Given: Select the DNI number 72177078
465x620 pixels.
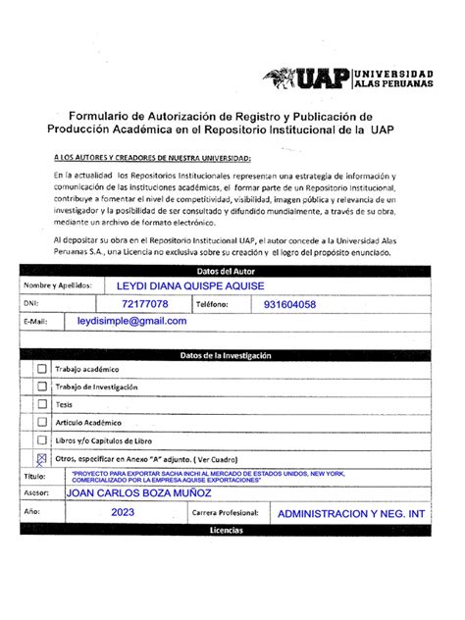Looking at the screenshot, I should (145, 304).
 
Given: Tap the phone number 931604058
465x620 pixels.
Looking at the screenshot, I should (289, 304).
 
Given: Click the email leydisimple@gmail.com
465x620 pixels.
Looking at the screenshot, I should (131, 322).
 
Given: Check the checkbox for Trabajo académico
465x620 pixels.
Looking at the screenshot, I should (41, 369).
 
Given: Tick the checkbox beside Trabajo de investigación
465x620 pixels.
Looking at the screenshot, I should (41, 387).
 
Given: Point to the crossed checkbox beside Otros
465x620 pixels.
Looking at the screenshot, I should (41, 457).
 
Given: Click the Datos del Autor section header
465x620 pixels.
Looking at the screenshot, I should (226, 271).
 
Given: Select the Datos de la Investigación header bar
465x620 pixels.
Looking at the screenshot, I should (226, 355).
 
